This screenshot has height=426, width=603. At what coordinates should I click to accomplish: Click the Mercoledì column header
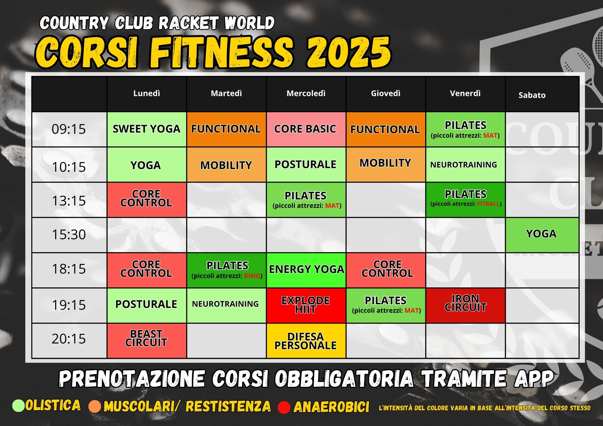tap(306, 93)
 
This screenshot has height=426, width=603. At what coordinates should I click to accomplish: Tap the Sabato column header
tap(532, 95)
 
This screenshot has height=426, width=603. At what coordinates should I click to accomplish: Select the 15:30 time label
tap(69, 234)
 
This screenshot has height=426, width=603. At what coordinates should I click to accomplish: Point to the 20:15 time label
tap(69, 339)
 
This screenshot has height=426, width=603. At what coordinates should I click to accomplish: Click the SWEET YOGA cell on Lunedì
tap(147, 130)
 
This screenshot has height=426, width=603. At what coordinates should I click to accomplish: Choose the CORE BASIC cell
tap(306, 130)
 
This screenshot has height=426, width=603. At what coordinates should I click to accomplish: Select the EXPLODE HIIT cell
tap(306, 305)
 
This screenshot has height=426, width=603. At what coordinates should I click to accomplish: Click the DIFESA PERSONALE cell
tap(306, 341)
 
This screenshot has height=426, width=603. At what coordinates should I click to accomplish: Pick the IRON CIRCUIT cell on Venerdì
tap(465, 305)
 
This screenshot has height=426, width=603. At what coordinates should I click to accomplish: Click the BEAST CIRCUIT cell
tap(147, 341)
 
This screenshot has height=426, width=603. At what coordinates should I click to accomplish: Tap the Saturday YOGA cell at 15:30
tap(542, 235)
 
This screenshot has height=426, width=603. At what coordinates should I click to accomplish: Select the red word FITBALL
tap(488, 204)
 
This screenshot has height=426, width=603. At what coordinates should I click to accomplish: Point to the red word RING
tap(252, 276)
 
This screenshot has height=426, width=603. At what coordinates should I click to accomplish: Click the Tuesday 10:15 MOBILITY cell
tap(226, 164)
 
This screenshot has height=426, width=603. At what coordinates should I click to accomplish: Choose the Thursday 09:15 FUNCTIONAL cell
tap(386, 130)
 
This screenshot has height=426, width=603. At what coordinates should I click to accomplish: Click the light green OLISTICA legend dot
tap(18, 406)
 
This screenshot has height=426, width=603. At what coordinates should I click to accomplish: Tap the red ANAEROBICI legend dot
tap(284, 407)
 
